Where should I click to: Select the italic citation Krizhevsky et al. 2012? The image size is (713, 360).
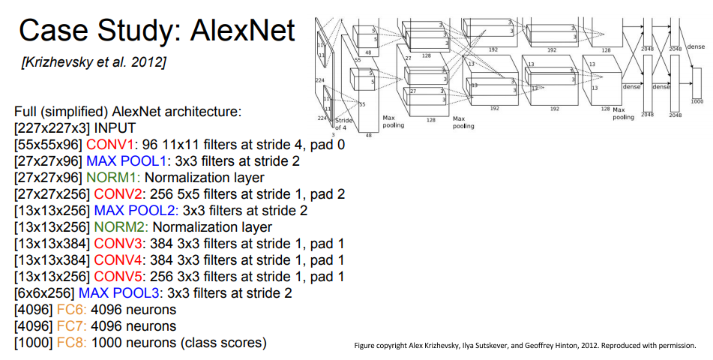click(94, 61)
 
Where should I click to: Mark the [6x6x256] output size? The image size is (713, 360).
click(44, 293)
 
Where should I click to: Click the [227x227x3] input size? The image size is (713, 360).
click(48, 128)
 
